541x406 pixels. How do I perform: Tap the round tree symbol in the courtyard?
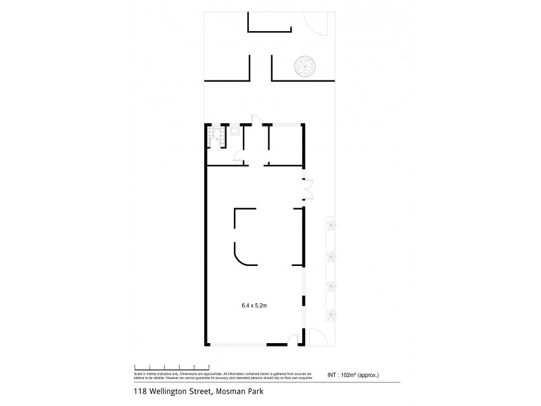[304, 66]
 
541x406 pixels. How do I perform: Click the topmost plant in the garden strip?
[332, 226]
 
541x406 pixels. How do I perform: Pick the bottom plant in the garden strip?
[332, 314]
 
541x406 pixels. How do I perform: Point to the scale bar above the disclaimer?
[172, 366]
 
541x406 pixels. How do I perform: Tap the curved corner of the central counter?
[243, 256]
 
